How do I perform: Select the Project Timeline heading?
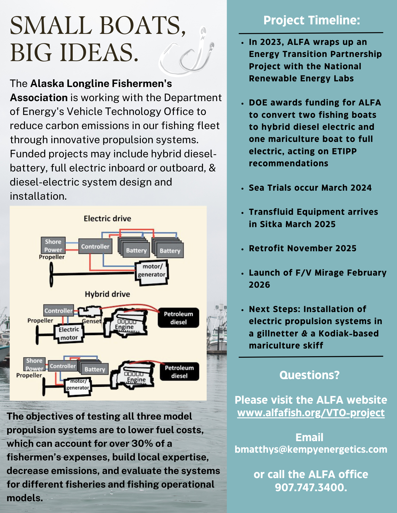coord(311,20)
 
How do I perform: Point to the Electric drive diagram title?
coord(107,219)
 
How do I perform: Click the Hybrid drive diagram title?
coord(107,294)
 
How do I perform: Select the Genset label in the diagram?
coord(92,321)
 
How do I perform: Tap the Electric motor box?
coord(69,333)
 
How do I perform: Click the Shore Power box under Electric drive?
coord(53,246)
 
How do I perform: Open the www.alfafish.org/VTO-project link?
coord(311,413)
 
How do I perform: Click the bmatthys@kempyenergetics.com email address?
coord(311,449)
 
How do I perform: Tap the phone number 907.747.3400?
coord(311,487)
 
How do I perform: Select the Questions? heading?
coord(309,375)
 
